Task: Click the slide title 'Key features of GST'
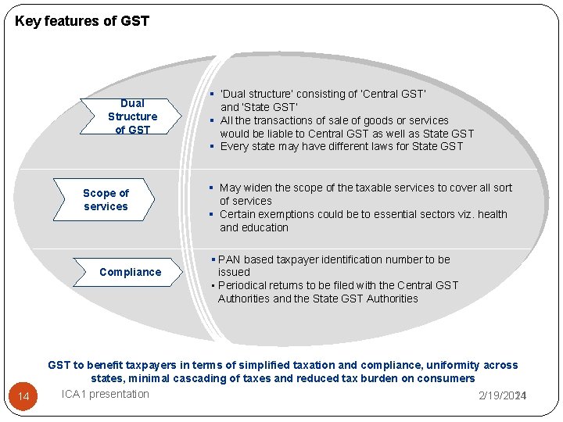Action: (x=81, y=21)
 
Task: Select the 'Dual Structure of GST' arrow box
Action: (x=132, y=116)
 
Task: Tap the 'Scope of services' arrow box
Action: (x=106, y=200)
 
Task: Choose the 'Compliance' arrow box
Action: (x=130, y=272)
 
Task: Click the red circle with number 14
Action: (x=23, y=397)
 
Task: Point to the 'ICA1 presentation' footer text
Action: (x=106, y=394)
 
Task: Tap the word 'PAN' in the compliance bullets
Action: (x=229, y=259)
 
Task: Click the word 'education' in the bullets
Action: (x=265, y=227)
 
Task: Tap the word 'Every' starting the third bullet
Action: (x=234, y=146)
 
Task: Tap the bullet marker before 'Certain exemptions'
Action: (x=211, y=214)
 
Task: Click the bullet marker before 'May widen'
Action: (x=211, y=188)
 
